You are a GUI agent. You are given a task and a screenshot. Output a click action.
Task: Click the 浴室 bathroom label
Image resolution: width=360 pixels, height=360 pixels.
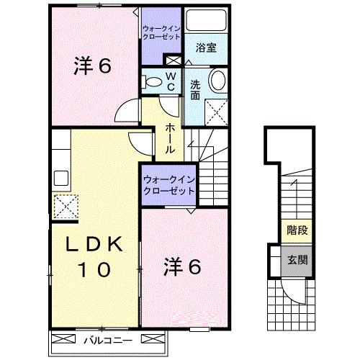click(207, 48)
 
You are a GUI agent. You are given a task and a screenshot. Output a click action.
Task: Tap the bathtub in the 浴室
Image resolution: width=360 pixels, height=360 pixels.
click(207, 21)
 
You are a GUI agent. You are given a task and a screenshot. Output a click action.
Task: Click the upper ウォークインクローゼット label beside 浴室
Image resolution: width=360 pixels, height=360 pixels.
click(161, 32)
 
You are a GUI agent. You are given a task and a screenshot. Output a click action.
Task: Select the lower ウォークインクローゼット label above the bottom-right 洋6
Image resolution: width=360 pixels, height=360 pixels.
click(168, 185)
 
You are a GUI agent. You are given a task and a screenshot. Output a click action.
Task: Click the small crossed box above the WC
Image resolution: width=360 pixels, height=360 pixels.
click(172, 59)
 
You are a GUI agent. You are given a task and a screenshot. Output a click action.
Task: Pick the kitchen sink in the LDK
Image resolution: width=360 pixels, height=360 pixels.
click(59, 177)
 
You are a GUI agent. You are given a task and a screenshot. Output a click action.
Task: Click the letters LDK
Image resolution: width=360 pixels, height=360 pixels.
click(90, 246)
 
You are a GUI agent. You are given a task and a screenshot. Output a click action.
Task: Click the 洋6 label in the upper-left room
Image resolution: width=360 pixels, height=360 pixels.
click(91, 66)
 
